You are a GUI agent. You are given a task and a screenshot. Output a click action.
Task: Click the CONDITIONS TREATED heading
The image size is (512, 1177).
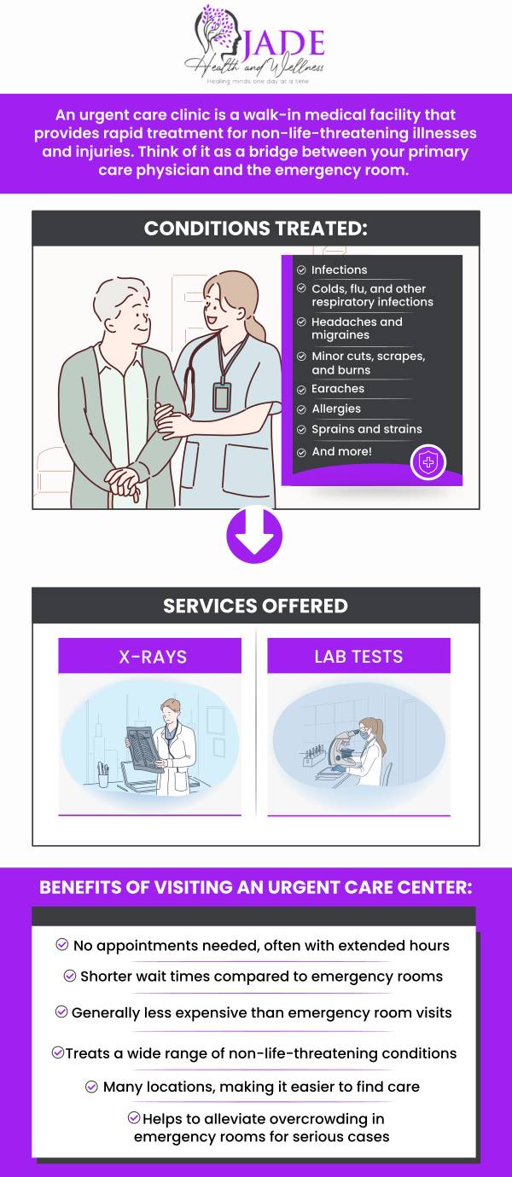(x=255, y=229)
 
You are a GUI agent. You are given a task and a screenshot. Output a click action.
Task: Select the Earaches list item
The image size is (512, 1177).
(x=338, y=389)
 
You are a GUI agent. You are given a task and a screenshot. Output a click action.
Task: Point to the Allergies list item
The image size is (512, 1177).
(x=336, y=409)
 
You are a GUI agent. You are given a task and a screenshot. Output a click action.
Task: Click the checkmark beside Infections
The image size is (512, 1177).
(x=301, y=270)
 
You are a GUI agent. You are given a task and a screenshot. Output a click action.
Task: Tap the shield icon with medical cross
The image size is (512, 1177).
(x=428, y=463)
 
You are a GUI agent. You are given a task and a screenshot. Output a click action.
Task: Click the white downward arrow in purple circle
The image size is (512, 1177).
(x=254, y=535)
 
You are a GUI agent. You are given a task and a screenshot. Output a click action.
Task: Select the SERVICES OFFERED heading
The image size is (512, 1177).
(x=255, y=606)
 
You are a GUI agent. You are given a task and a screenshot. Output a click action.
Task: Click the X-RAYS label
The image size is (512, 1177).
(x=152, y=657)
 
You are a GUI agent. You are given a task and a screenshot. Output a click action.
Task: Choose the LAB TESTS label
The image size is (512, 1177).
(x=358, y=657)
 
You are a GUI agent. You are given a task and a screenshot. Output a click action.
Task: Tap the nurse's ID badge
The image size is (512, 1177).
(x=222, y=397)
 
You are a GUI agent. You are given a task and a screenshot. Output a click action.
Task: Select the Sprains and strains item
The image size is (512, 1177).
(x=366, y=430)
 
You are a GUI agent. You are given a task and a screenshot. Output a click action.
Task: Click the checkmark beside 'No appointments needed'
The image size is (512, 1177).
(x=61, y=945)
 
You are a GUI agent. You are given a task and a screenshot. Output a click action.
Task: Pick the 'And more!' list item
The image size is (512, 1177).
(x=341, y=452)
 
